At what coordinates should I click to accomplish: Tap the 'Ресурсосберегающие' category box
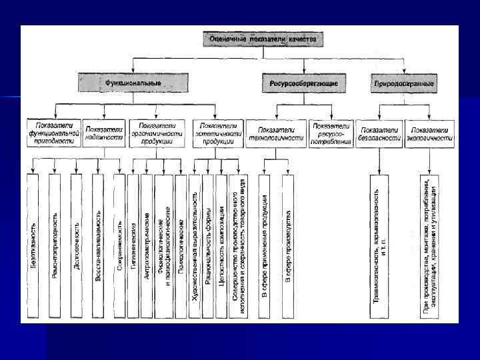[x=303, y=83]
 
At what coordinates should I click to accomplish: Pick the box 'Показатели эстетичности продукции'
[x=218, y=133]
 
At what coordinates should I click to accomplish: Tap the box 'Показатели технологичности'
[x=276, y=133]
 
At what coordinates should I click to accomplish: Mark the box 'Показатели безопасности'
[x=379, y=133]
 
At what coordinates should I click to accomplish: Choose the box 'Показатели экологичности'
[x=429, y=133]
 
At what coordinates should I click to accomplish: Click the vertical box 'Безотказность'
[x=34, y=245]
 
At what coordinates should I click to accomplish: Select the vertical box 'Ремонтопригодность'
[x=55, y=245]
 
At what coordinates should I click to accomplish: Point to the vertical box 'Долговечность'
[x=77, y=245]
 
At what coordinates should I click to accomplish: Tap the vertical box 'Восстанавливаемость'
[x=98, y=245]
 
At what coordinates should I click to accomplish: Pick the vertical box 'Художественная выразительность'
[x=195, y=245]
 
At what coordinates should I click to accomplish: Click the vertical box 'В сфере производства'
[x=288, y=245]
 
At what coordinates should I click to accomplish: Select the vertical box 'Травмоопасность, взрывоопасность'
[x=380, y=245]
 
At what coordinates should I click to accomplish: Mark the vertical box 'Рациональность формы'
[x=208, y=245]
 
